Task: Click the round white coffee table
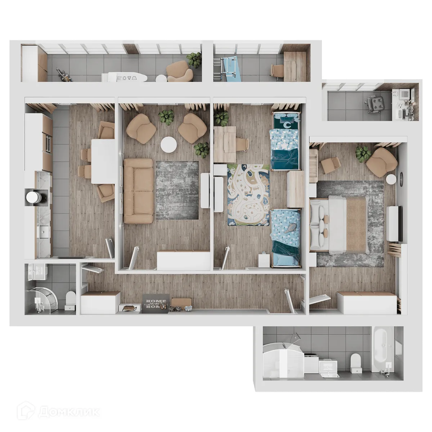(x=168, y=145)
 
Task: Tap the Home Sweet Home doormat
(x=156, y=303)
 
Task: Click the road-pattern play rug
(x=248, y=194)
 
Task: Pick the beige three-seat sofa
(x=138, y=191)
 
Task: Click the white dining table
(x=103, y=161)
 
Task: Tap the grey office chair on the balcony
(x=376, y=104)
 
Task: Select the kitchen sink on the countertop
(x=44, y=232)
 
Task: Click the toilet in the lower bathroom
(x=355, y=361)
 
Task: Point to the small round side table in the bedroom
(x=391, y=179)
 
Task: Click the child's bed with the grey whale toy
(x=285, y=236)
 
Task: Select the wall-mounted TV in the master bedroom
(x=400, y=223)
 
